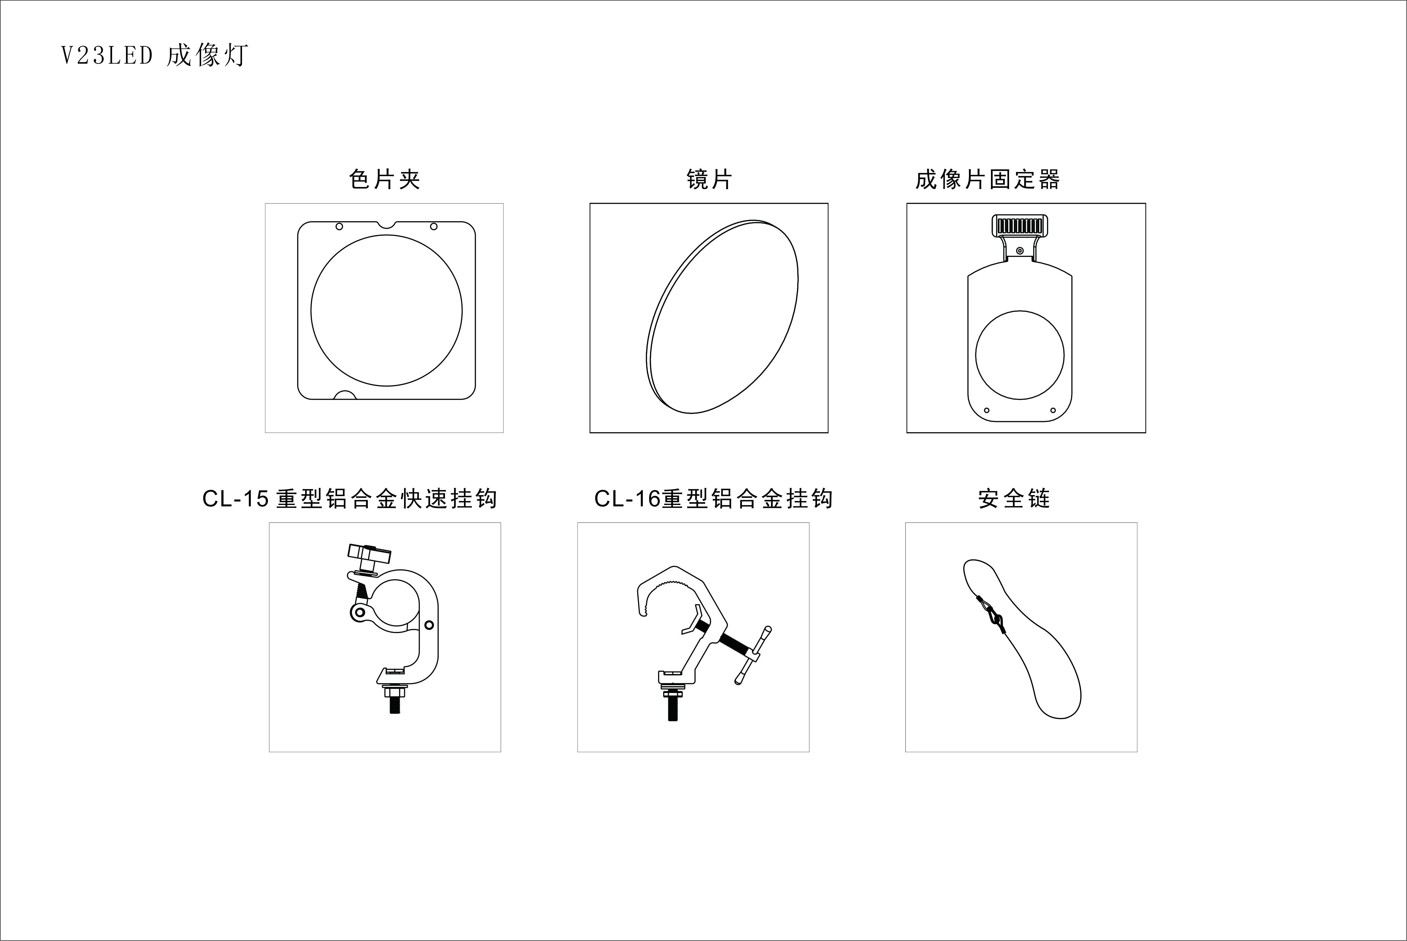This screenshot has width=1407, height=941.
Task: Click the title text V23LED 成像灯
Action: [154, 55]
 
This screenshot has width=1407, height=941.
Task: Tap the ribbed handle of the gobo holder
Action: [1020, 226]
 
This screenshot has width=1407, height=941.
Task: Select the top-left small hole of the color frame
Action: [339, 226]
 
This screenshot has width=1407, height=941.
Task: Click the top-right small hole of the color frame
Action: [434, 226]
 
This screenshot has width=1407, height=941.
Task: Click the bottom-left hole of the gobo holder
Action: [987, 410]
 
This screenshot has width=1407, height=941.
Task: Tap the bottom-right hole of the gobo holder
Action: [1053, 410]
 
